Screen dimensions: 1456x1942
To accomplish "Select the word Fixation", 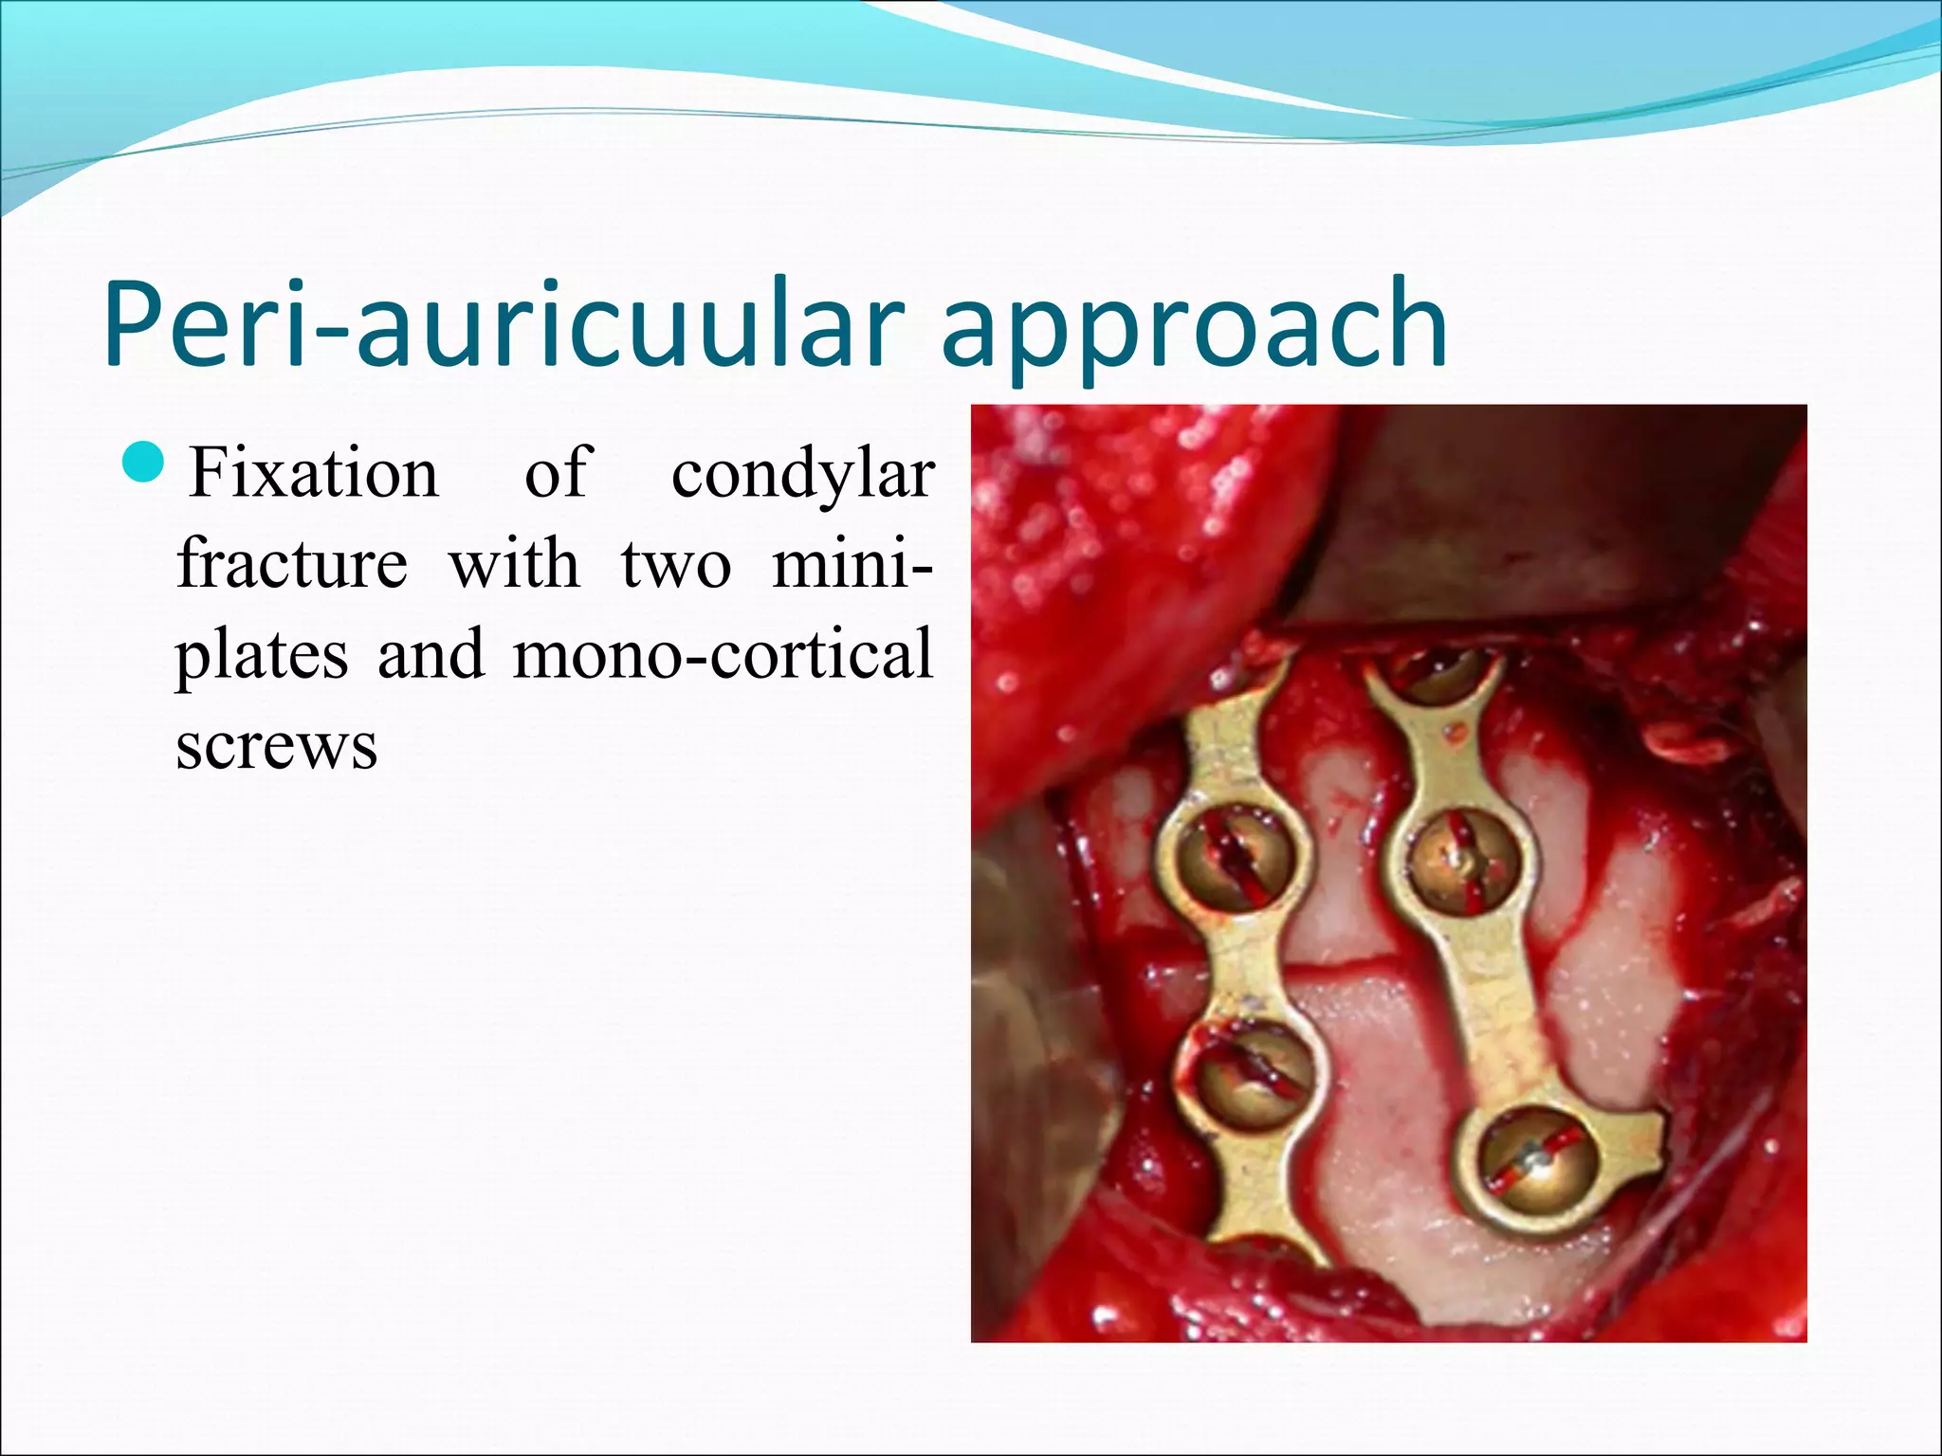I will tap(314, 473).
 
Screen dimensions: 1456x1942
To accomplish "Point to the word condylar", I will tap(802, 474).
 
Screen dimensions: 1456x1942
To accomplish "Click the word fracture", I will tap(292, 564).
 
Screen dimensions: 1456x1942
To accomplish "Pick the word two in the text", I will tap(675, 564).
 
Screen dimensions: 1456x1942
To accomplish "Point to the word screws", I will tap(276, 746).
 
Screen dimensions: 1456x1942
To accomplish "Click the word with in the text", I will tap(513, 564).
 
